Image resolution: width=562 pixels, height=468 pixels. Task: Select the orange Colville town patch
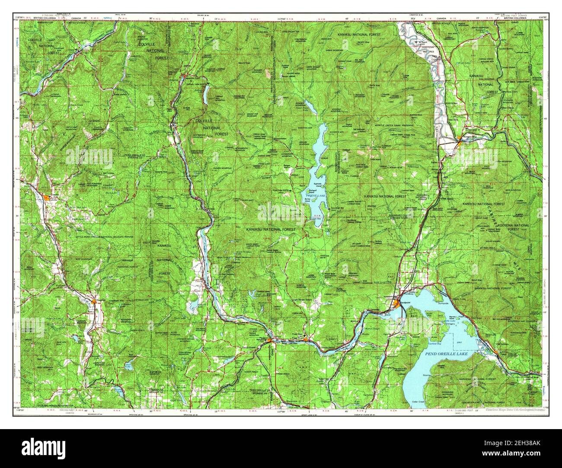[47, 197]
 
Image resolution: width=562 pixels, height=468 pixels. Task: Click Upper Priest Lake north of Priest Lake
[310, 105]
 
